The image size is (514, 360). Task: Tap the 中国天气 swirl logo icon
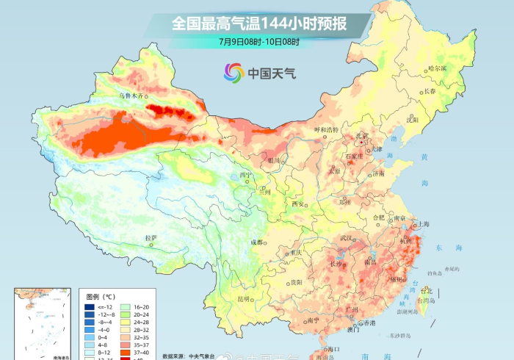pos(233,73)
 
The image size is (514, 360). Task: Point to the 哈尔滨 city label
pos(437,68)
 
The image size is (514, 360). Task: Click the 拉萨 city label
pos(151,237)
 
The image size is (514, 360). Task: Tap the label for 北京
pos(361,136)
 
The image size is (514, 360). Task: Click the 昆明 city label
pos(243,299)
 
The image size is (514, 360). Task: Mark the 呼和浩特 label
pos(326,130)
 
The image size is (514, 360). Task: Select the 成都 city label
pos(256,242)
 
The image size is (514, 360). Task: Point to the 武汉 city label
pos(348,239)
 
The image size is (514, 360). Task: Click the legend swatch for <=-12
pos(89,306)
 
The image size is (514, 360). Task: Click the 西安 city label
pos(297,204)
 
